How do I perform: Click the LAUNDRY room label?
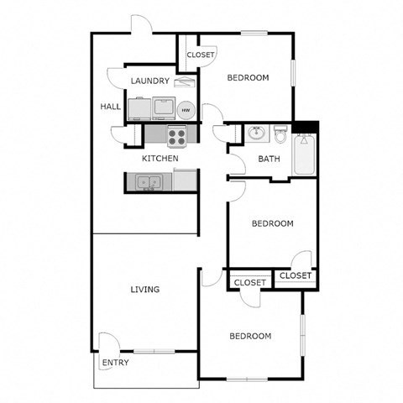150,81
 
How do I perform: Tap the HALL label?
110,107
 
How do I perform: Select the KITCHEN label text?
160,158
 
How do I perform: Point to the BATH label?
269,159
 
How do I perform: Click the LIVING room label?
144,290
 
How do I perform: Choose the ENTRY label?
114,363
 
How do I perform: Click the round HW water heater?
185,110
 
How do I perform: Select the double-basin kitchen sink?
148,181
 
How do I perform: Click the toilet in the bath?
280,133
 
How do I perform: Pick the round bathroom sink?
256,133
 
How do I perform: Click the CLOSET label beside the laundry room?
201,55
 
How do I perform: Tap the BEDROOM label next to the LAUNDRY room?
249,78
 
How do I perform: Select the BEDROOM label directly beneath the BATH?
273,223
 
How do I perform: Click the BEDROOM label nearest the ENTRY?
251,336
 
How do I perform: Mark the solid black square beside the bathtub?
311,128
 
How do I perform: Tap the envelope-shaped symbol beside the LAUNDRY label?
187,81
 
